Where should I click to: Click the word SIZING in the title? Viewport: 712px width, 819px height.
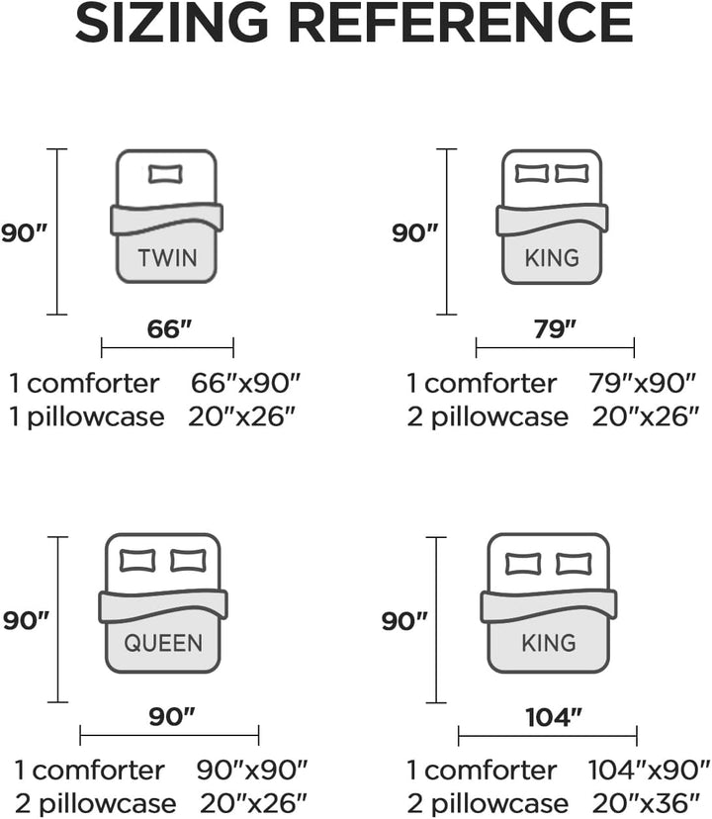tap(172, 24)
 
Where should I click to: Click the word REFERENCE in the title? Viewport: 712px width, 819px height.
tap(461, 24)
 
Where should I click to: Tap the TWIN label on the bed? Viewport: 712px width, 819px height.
tap(168, 258)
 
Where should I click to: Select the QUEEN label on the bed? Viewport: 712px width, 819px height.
tap(163, 643)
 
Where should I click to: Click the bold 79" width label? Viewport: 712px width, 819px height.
tap(555, 328)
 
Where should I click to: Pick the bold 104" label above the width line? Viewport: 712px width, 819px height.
tap(554, 717)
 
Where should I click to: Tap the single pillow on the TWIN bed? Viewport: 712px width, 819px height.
tap(165, 174)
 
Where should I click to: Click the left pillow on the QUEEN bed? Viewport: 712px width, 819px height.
tap(137, 561)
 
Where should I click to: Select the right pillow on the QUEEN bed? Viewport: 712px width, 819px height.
tap(189, 561)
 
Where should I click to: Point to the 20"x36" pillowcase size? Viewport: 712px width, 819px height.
tap(646, 804)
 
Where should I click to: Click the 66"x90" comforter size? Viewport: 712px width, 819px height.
tap(245, 384)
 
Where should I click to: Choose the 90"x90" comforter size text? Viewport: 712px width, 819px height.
tap(252, 770)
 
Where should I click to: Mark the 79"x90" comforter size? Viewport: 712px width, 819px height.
tap(643, 384)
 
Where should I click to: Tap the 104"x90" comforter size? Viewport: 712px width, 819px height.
tap(650, 770)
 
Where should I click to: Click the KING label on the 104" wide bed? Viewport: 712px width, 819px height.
tap(549, 643)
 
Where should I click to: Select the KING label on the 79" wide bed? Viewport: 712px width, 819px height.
tap(552, 258)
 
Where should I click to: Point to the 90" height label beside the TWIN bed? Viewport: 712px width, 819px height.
tap(24, 232)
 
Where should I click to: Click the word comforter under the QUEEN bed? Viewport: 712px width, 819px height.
tap(98, 770)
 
